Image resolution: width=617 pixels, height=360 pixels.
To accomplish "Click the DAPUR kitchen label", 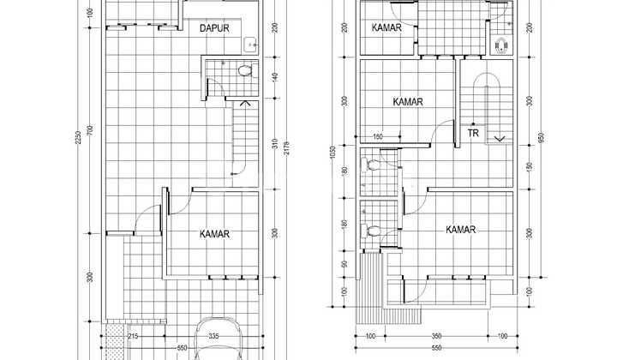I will pyautogui.click(x=215, y=29).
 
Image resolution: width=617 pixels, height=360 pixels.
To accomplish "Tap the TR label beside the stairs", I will pyautogui.click(x=473, y=133).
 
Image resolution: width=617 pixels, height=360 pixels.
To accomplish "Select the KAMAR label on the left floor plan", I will pyautogui.click(x=215, y=233).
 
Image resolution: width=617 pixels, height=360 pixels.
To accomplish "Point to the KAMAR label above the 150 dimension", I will pyautogui.click(x=408, y=102).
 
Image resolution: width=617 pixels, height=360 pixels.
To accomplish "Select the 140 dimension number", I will pyautogui.click(x=273, y=77).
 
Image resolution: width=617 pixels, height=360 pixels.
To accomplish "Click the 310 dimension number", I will pyautogui.click(x=273, y=147).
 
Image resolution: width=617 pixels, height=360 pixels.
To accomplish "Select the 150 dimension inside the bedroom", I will pyautogui.click(x=378, y=136).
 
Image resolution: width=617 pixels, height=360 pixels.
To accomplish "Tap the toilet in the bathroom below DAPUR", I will pyautogui.click(x=244, y=71).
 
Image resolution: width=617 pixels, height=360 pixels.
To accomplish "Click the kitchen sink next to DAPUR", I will pyautogui.click(x=250, y=44).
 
